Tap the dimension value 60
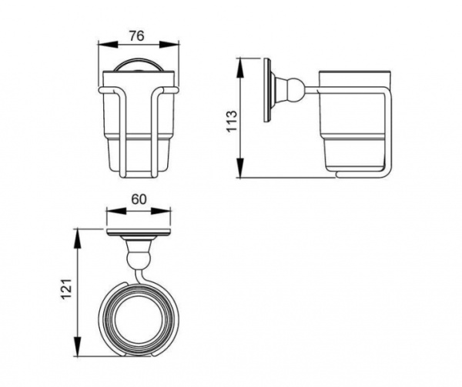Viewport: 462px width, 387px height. [139, 199]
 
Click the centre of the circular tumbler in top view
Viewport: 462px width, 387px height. [139, 315]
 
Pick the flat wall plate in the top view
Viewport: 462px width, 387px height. [139, 232]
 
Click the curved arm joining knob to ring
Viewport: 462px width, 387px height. [137, 271]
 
